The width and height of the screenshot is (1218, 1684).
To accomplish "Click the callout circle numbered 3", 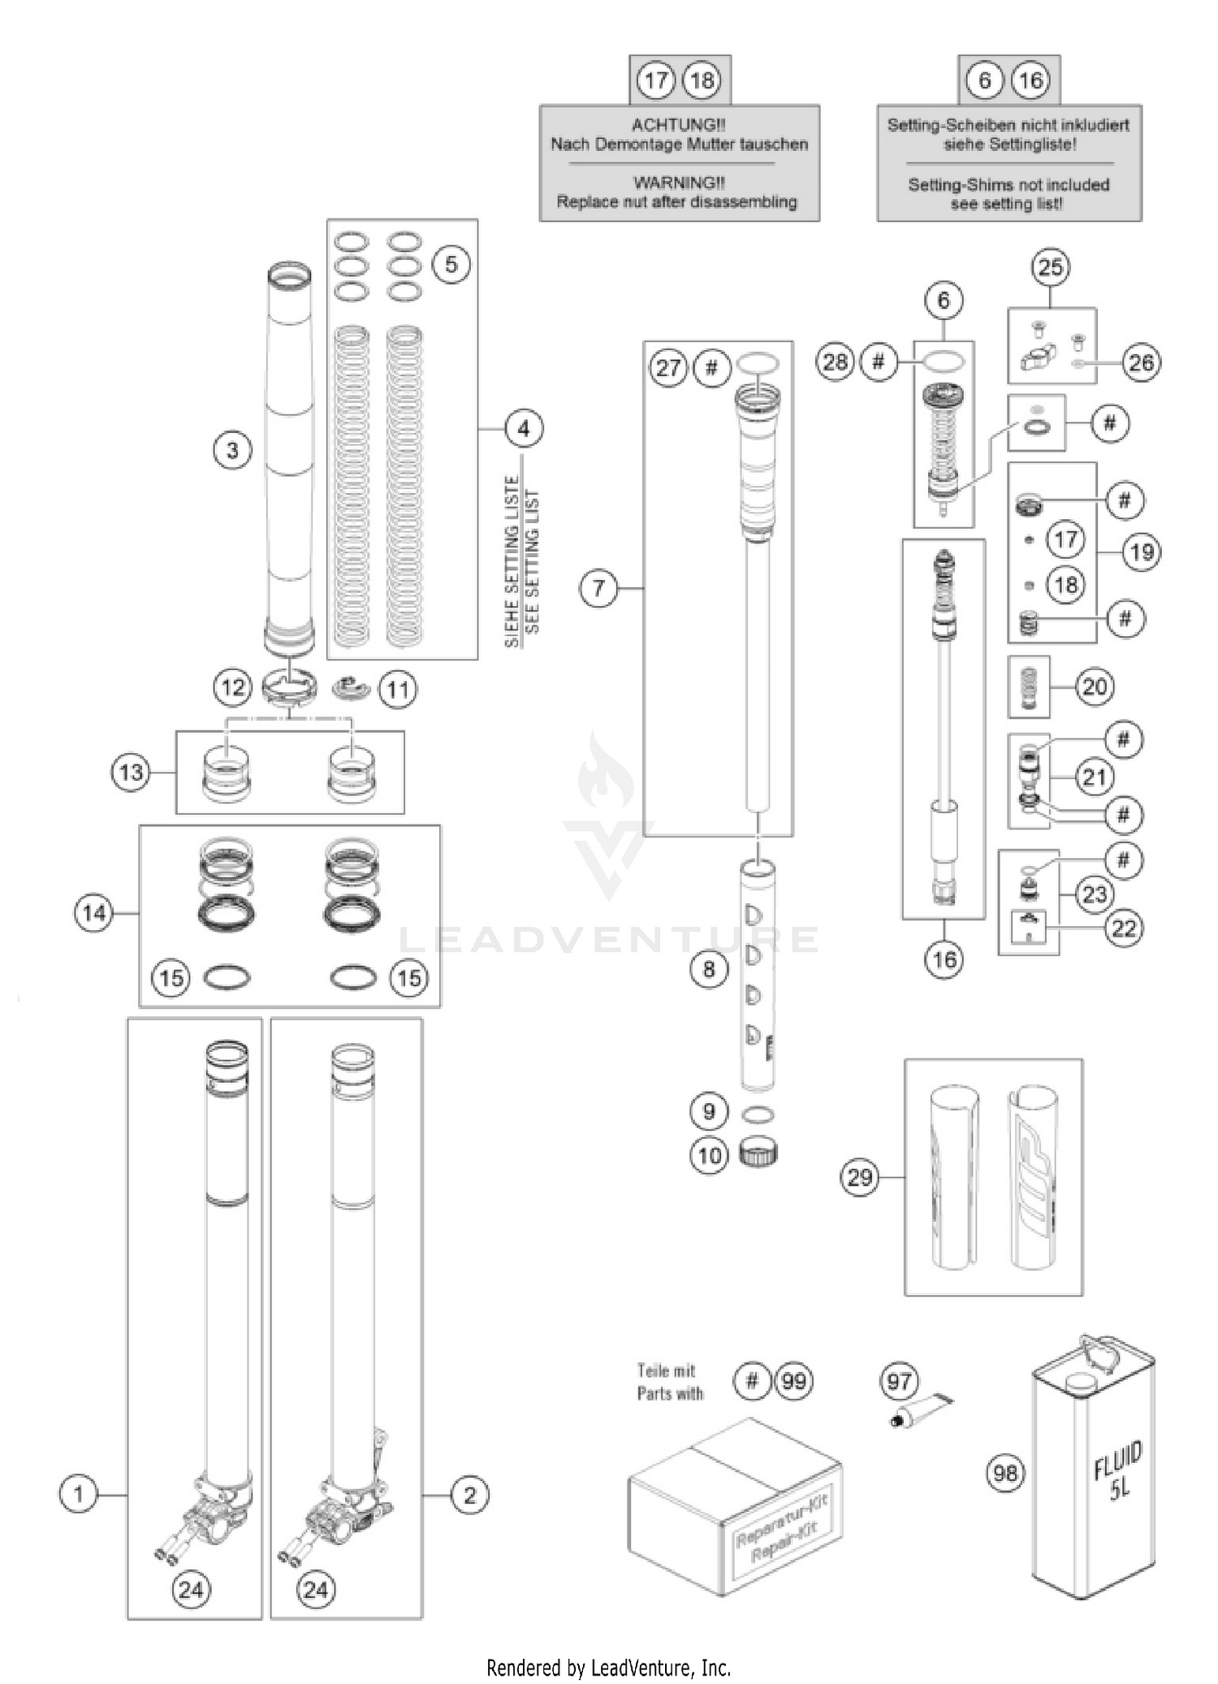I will point(232,450).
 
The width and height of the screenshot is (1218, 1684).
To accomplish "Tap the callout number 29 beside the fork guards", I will point(860,1177).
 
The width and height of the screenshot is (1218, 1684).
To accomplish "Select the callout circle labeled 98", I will point(1005,1472).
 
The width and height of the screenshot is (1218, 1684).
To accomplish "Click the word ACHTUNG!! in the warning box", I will point(679,125).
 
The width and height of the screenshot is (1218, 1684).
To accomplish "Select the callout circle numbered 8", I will point(709,968).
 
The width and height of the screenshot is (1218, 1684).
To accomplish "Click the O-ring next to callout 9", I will point(758,1114).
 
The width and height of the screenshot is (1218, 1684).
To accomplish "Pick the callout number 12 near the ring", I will point(233,688).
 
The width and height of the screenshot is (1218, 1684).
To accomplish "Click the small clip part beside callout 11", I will point(352,688).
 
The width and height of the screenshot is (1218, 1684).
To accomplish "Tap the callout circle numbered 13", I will point(132,772).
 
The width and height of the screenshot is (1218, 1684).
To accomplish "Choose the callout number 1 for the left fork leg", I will point(79,1493).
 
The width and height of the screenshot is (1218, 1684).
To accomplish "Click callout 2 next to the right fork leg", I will point(469,1494).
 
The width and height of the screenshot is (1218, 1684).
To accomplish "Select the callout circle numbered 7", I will point(598,587).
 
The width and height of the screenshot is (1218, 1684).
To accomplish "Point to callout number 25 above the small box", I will point(1050,267).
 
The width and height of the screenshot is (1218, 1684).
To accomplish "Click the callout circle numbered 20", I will point(1094,687).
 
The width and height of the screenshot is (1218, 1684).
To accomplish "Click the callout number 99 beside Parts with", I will point(793,1381).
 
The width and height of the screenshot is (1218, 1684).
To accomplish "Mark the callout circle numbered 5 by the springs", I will point(451,264).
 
